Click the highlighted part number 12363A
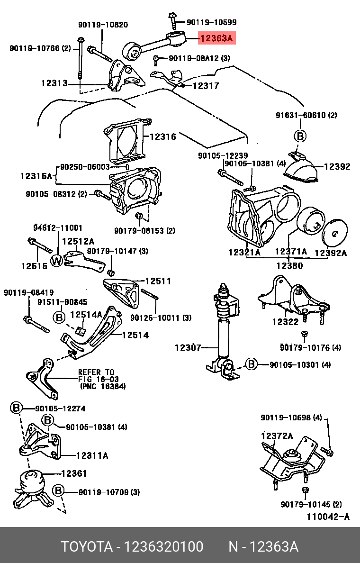click(x=216, y=39)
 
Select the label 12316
click(x=162, y=137)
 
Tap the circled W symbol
click(x=57, y=260)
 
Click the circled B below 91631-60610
click(x=300, y=136)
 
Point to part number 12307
click(x=189, y=347)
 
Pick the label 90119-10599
click(x=211, y=22)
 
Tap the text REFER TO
click(x=96, y=372)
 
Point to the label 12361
click(x=73, y=473)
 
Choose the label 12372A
click(x=277, y=436)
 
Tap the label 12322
click(x=285, y=322)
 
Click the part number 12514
click(x=135, y=335)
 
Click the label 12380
click(x=289, y=266)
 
